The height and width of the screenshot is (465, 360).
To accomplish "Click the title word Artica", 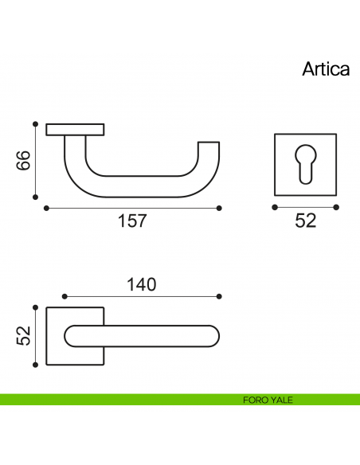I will pos(325,68).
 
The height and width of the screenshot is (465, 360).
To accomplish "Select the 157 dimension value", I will pos(132,221).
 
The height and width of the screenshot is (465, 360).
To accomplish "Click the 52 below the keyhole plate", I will pos(306,221).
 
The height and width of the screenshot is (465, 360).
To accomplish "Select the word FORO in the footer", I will pos(256,401).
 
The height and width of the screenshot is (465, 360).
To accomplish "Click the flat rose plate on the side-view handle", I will pos(75,128).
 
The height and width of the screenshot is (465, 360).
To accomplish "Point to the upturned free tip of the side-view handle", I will pos(208,148).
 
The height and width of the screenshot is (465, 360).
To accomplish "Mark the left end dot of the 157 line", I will pos(46,208).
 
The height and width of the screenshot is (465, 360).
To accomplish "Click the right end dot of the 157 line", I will pos(219,208).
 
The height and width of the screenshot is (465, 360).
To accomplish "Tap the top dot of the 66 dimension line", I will pos(35,124).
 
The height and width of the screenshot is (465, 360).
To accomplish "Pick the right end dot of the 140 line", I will pos(219,296).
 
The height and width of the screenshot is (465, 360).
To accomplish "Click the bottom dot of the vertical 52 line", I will pos(35,365).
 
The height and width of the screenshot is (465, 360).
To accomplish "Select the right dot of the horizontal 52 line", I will pos(336,207).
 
